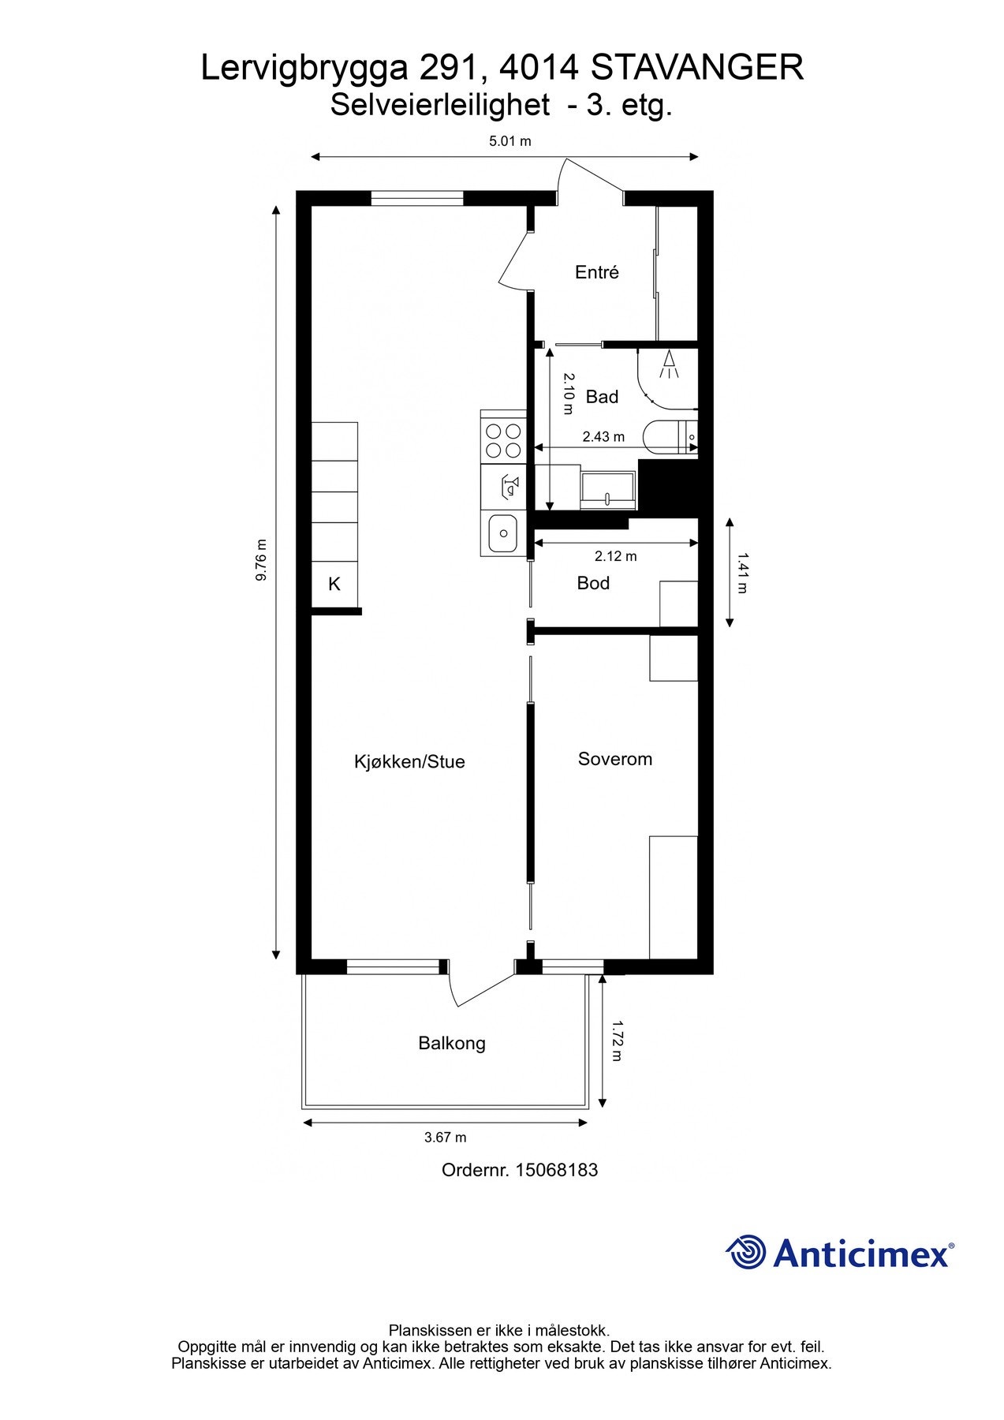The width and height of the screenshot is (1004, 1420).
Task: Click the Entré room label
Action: (x=596, y=272)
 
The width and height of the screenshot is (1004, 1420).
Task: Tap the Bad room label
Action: (x=602, y=397)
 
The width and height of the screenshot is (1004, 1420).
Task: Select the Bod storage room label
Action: (x=593, y=583)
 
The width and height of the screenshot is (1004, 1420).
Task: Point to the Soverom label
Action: (x=614, y=759)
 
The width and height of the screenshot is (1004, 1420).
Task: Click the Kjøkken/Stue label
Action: (x=409, y=761)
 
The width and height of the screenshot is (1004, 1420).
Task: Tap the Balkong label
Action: (x=451, y=1043)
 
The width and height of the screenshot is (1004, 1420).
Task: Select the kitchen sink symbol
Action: (x=502, y=534)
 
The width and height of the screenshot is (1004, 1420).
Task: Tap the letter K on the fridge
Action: (x=334, y=585)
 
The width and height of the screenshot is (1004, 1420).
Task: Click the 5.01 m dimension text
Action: (x=510, y=141)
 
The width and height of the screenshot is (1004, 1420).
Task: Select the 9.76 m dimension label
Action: (x=261, y=560)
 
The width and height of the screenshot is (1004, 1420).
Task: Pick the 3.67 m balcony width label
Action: (x=445, y=1137)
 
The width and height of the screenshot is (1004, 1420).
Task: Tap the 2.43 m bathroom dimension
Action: (x=603, y=436)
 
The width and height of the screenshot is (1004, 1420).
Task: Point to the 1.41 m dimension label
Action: (x=742, y=573)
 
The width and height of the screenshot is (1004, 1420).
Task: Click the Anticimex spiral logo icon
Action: (x=745, y=1252)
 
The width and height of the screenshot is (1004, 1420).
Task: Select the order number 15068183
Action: (x=556, y=1170)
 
